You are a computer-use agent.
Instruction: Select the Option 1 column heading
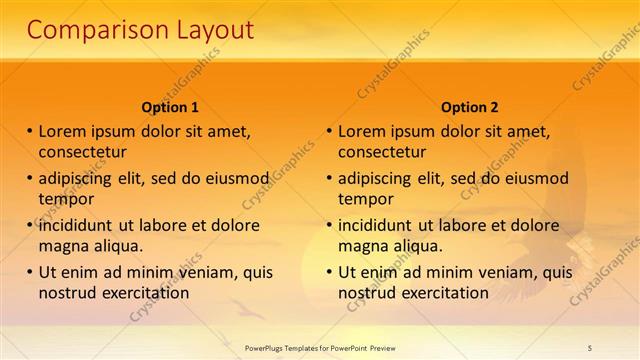point(170,107)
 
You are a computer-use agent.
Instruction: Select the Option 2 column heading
point(469,107)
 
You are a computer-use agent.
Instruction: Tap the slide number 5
point(590,347)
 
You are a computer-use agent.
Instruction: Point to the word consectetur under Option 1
point(82,152)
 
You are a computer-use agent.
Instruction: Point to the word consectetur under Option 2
point(382,152)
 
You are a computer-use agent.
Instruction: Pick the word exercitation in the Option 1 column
point(143,293)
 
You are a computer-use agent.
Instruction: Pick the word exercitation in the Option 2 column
point(443,293)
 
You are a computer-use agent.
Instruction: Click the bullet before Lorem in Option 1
point(30,131)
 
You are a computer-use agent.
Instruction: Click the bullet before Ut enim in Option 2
point(330,272)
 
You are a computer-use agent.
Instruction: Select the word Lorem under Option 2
point(361,131)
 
